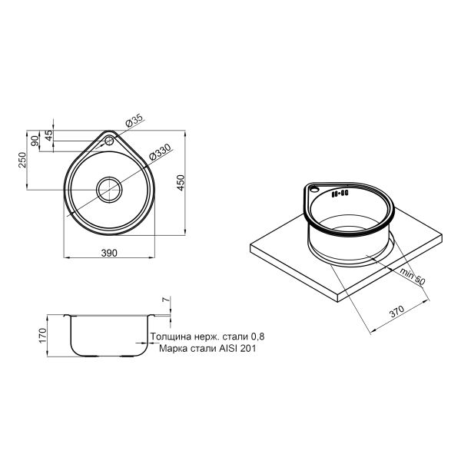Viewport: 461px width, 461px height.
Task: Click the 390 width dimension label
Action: tap(109, 253)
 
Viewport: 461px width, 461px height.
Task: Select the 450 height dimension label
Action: tap(181, 183)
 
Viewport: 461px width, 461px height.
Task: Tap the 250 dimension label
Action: tap(22, 160)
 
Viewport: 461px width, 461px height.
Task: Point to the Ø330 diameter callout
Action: tap(160, 151)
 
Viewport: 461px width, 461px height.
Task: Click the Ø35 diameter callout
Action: tap(134, 120)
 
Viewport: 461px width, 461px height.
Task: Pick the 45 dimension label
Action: tap(49, 134)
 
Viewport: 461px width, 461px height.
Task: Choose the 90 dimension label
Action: tap(35, 141)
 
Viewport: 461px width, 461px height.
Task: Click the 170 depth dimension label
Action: tap(42, 336)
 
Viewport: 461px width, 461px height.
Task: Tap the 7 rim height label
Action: tap(166, 300)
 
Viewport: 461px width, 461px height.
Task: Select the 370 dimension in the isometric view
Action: tap(397, 312)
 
